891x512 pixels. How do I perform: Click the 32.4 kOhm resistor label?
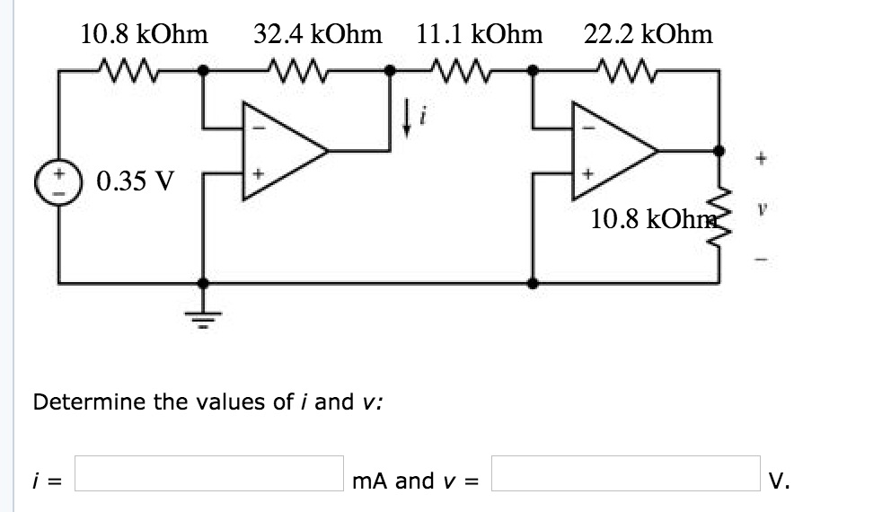(318, 35)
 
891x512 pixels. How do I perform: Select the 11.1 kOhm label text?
(480, 35)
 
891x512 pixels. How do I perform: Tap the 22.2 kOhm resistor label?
(648, 35)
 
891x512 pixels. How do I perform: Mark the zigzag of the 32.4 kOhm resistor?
(297, 67)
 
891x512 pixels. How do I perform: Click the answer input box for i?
(208, 474)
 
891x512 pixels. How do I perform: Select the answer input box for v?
(626, 474)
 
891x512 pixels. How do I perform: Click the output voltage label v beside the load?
(760, 207)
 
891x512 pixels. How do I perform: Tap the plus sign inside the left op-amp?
(259, 173)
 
